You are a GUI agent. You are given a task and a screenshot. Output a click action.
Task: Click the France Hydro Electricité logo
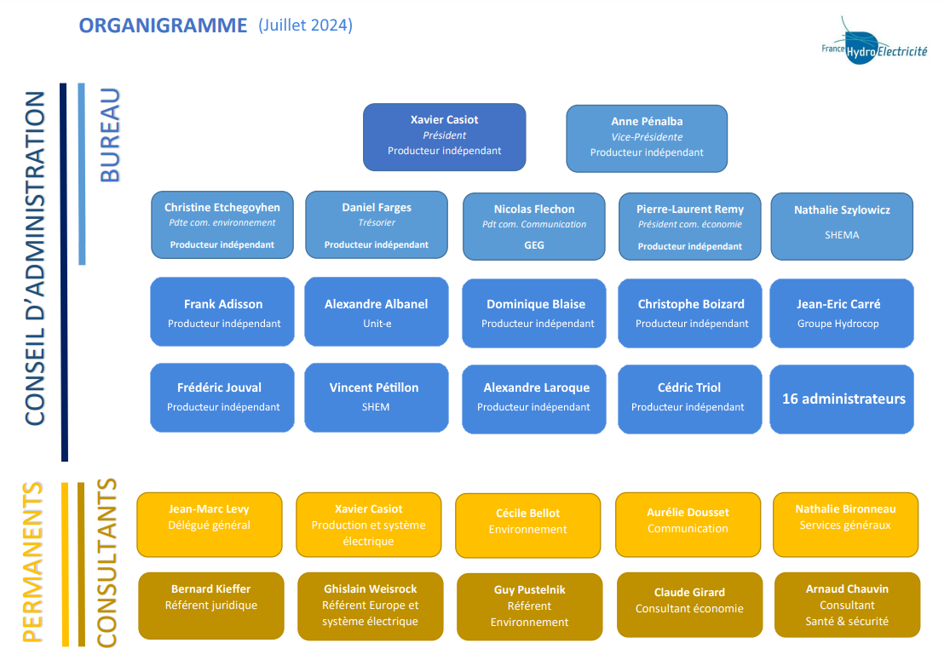tap(873, 43)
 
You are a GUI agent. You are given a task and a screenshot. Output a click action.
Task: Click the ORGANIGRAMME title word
tap(163, 26)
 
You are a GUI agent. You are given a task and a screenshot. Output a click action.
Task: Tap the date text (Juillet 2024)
tap(305, 26)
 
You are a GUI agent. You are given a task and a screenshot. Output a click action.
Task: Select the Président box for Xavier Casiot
tap(444, 137)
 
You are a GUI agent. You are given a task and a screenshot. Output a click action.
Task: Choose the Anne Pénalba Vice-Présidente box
tap(647, 139)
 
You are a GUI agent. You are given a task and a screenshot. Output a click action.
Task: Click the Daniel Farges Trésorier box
tap(377, 225)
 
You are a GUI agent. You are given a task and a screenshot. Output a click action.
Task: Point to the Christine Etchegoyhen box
tap(222, 225)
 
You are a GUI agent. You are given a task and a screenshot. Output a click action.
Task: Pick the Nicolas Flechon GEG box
tap(533, 227)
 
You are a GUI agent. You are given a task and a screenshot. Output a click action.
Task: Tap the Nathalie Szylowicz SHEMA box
tap(842, 227)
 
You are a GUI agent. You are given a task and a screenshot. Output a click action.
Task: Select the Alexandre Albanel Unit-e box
tap(377, 312)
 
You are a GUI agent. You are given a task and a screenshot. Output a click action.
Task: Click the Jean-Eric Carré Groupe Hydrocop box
tap(842, 313)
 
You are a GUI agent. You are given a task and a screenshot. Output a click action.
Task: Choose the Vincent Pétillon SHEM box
tap(377, 397)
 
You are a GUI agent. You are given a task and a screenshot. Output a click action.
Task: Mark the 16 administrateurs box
tap(842, 399)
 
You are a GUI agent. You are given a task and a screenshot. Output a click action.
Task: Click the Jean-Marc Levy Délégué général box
tap(210, 525)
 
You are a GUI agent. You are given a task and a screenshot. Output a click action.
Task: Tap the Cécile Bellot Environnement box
tap(527, 525)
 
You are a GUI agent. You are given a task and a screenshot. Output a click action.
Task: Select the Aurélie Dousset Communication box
tap(688, 525)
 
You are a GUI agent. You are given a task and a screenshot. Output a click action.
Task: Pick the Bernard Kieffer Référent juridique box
tap(210, 606)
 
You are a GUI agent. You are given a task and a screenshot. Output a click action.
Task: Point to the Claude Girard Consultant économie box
tap(689, 605)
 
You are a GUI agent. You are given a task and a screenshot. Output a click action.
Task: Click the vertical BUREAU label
tap(110, 135)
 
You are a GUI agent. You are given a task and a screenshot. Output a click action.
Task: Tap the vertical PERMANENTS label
tap(32, 562)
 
